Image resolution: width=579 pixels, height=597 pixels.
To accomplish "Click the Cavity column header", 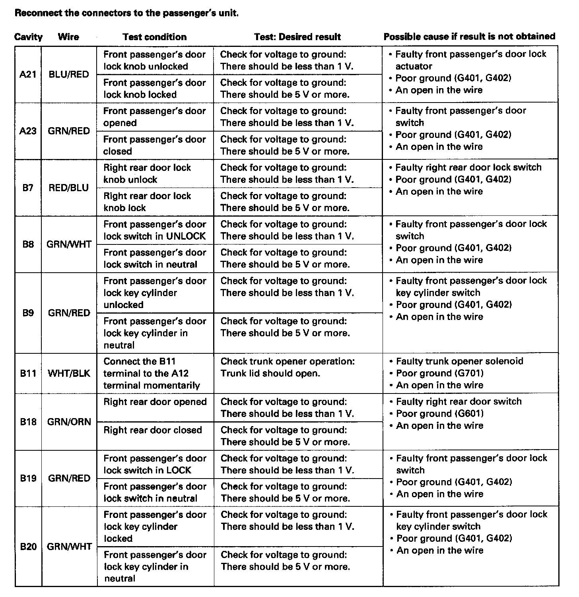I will [x=28, y=37].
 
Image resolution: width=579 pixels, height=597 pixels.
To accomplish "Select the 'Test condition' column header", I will [x=155, y=37].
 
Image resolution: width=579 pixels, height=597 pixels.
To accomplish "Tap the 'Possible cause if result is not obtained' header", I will [x=469, y=37].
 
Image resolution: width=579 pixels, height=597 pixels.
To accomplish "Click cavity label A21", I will [x=28, y=74].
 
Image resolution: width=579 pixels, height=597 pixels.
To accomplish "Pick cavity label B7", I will [x=28, y=188].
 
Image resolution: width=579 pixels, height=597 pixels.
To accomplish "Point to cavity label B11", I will [x=28, y=373].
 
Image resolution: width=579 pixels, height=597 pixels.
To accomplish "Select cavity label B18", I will [x=28, y=422].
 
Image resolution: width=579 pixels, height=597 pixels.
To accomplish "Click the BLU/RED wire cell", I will [x=69, y=74].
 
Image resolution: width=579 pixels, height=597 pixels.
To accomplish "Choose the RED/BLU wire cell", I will [x=69, y=188].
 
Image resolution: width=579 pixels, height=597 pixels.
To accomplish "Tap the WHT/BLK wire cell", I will [x=69, y=373].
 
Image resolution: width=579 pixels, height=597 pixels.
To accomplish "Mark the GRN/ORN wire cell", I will [x=69, y=422].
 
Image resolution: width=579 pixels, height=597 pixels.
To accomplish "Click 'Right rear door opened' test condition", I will [x=155, y=402].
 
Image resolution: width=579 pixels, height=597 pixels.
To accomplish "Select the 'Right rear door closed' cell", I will [x=153, y=430].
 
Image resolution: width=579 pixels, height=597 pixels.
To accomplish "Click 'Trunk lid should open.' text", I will [x=270, y=374].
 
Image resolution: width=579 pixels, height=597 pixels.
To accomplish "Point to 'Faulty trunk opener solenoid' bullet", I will [x=459, y=361].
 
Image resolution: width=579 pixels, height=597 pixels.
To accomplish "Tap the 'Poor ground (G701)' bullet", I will [x=440, y=373].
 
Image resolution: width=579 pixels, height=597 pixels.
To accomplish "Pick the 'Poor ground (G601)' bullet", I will [x=440, y=414].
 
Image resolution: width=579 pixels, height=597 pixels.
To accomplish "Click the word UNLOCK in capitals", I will [x=186, y=236].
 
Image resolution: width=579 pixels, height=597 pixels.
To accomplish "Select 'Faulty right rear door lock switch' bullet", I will [x=468, y=167].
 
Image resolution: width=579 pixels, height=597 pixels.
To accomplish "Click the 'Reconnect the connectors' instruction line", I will [x=126, y=13].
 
